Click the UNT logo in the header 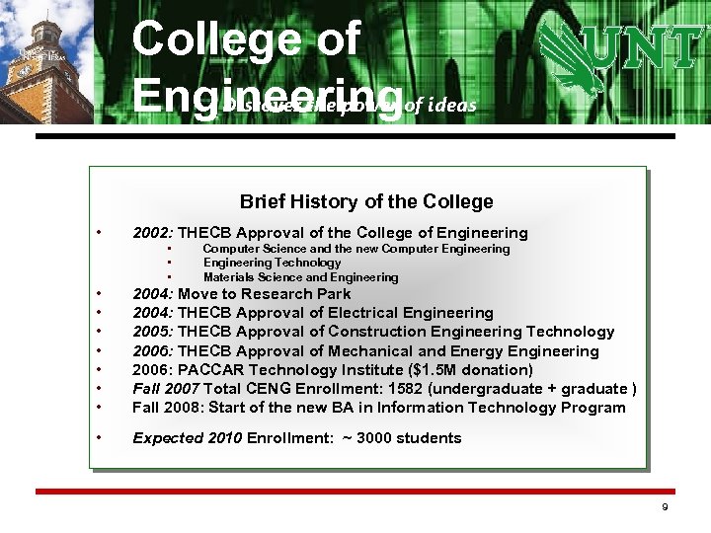point(618,58)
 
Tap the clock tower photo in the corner point(45,61)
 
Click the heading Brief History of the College point(366,201)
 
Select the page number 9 point(665,507)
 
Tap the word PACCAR point(209,370)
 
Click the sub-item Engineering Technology point(272,263)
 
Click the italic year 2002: point(153,233)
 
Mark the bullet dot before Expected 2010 point(100,436)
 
